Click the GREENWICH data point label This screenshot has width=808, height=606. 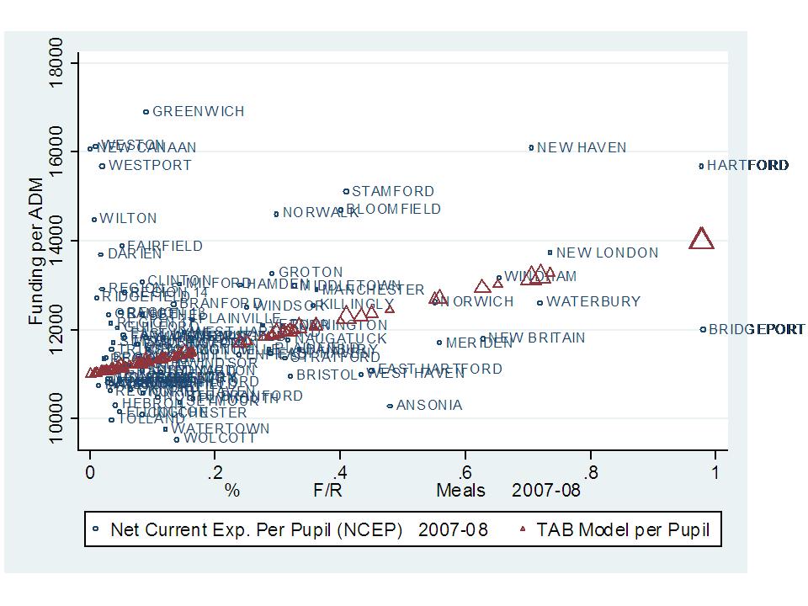coord(198,111)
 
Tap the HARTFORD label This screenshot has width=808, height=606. coord(747,166)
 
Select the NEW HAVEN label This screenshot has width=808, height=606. coord(582,148)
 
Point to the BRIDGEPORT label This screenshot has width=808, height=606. coord(757,330)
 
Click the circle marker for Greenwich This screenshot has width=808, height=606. coord(146,111)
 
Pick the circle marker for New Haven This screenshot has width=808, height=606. coord(531,147)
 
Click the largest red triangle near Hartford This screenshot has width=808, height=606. coord(701,239)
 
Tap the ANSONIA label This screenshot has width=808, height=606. coord(429,406)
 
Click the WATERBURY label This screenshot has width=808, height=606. coord(593,302)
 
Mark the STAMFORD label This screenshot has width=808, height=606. coord(393,192)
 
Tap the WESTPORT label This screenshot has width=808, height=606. coord(150,166)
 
